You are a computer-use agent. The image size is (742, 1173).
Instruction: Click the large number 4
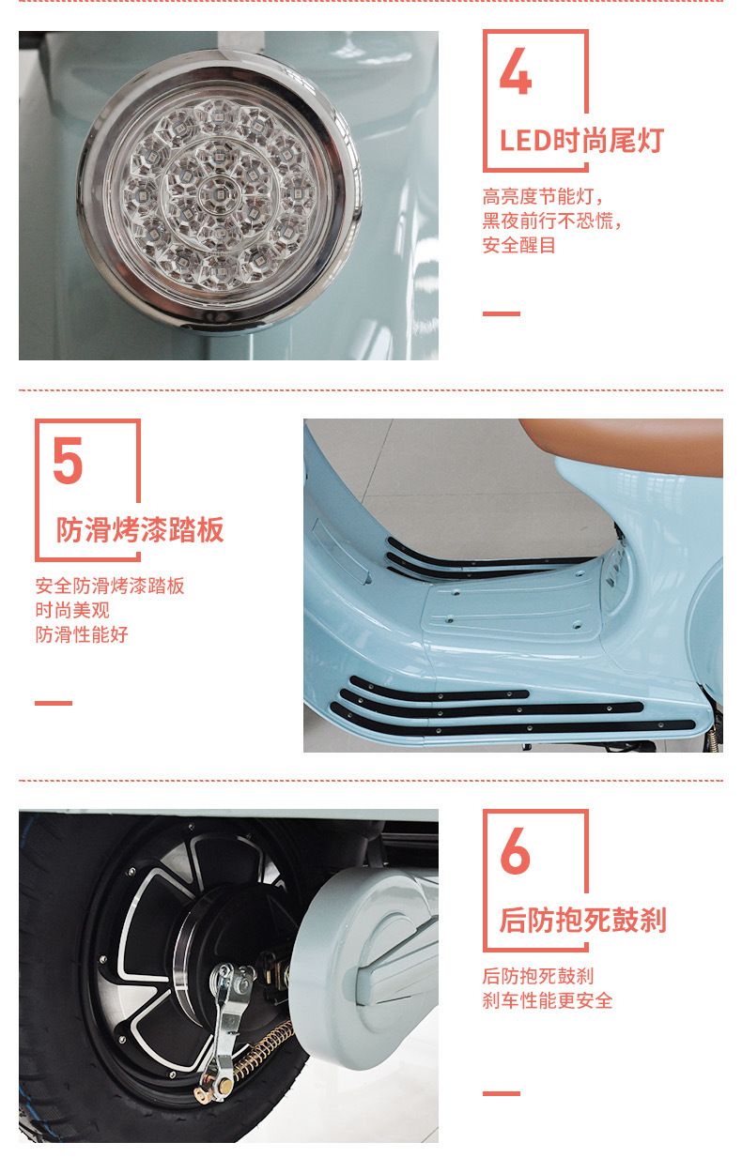pos(516,71)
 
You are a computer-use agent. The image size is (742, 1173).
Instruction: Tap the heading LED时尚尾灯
pos(582,141)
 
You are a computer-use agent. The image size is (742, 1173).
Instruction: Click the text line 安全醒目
pos(518,245)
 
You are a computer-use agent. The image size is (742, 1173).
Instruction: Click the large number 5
pos(69,461)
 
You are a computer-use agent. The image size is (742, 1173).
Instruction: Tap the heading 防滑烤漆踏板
pos(140,529)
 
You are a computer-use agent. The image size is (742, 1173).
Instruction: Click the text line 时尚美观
pos(72,610)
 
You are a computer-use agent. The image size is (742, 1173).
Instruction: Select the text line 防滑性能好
pos(82,634)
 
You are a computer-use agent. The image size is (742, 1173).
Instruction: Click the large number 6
pos(515,851)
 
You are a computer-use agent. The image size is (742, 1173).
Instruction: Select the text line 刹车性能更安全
pos(547,1000)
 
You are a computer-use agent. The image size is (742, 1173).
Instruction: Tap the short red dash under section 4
pos(502,313)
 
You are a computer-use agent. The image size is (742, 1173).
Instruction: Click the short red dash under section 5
pos(54,703)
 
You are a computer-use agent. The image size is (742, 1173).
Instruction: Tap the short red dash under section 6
pos(502,1093)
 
